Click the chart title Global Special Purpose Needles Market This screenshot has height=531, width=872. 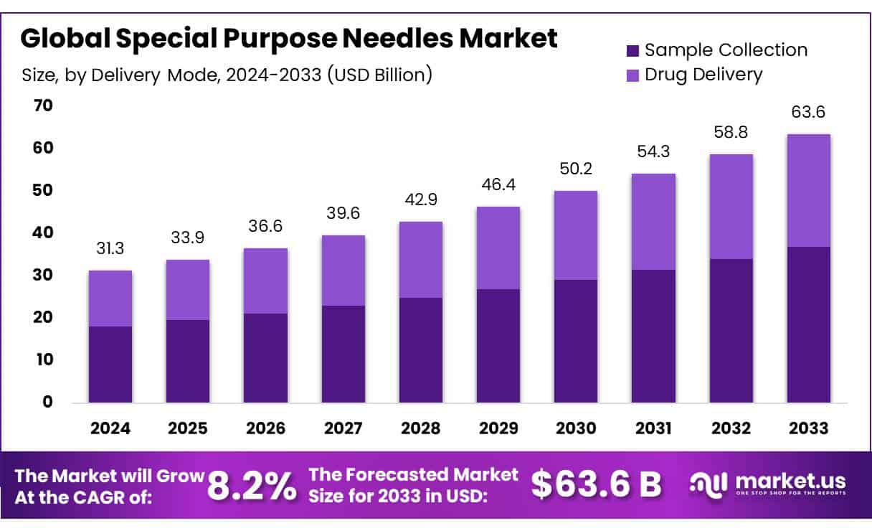pyautogui.click(x=288, y=39)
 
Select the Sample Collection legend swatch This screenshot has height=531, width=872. pyautogui.click(x=632, y=50)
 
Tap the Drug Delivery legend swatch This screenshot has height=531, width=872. pyautogui.click(x=632, y=75)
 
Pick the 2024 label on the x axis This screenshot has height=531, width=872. pyautogui.click(x=110, y=428)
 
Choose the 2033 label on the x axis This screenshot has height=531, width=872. pyautogui.click(x=808, y=428)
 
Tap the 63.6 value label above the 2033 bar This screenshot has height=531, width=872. pyautogui.click(x=808, y=112)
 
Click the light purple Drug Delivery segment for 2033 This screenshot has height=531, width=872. pyautogui.click(x=808, y=191)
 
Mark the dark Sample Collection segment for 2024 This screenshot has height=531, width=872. pyautogui.click(x=110, y=365)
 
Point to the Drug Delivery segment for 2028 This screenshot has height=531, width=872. pyautogui.click(x=421, y=260)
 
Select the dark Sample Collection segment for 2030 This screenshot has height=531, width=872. pyautogui.click(x=576, y=341)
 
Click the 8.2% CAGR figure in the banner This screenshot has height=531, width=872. pyautogui.click(x=252, y=486)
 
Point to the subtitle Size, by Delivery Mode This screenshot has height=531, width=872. pyautogui.click(x=226, y=74)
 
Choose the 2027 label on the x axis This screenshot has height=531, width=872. pyautogui.click(x=343, y=428)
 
